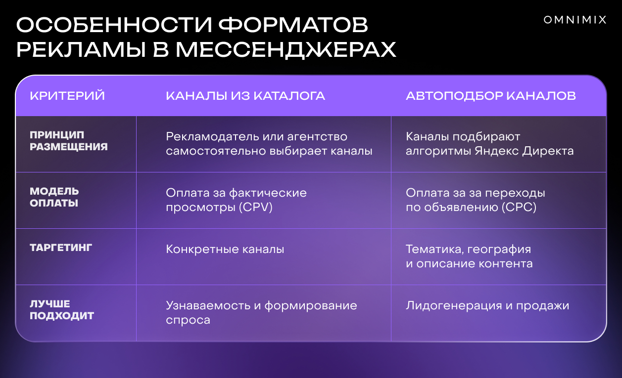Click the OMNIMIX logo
coord(575,20)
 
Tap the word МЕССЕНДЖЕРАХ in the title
coord(286,50)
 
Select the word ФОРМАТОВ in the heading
coord(293,25)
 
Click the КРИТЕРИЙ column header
coord(67,96)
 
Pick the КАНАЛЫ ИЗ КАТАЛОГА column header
coord(245,96)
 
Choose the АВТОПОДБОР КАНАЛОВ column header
coord(491,96)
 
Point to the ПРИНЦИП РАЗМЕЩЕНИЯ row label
coord(69,141)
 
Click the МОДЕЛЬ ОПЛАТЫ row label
coord(54,197)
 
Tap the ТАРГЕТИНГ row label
coord(61,248)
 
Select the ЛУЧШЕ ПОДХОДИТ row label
coord(62,310)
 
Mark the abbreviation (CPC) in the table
coord(519,207)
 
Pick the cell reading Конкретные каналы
coord(225,249)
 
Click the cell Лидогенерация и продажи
coord(487,306)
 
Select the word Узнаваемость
coord(208,306)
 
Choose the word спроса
coord(188,320)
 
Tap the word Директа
coord(548,151)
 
